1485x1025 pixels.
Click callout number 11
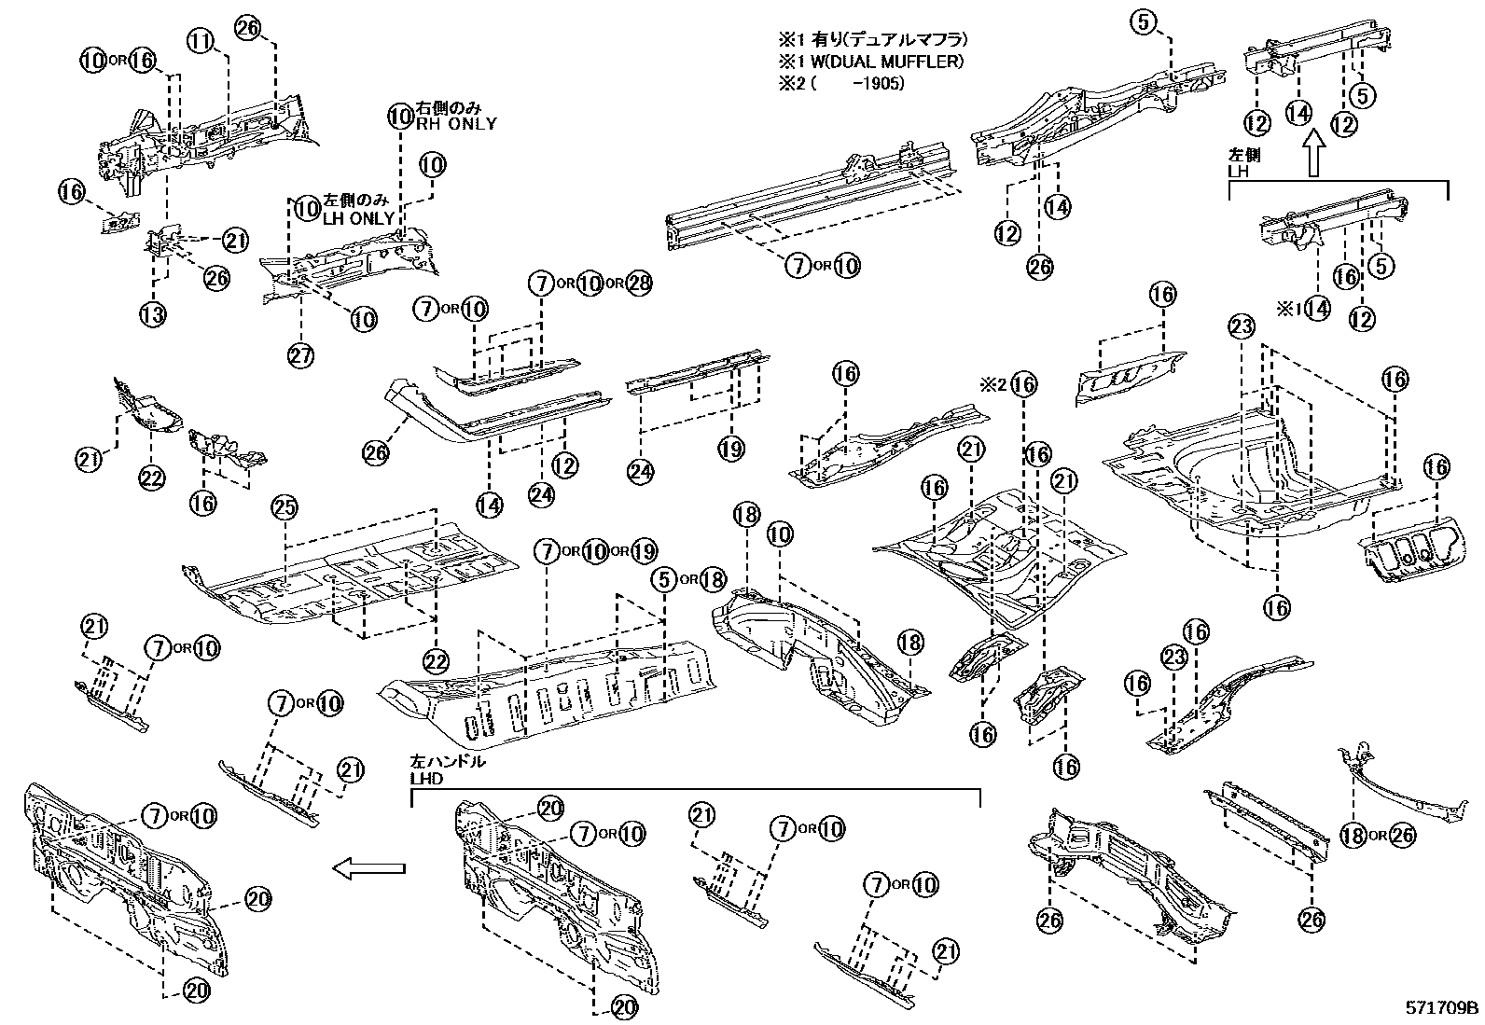click(202, 40)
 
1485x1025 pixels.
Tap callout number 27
click(301, 355)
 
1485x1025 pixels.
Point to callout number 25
click(285, 508)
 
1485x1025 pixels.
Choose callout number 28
click(639, 283)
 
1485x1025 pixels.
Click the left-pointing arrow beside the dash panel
click(370, 869)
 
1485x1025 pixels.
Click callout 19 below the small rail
click(731, 449)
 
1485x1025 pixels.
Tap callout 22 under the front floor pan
click(437, 661)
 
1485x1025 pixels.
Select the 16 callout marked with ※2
click(1023, 383)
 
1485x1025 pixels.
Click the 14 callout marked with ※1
click(1316, 308)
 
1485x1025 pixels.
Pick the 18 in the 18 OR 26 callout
click(1353, 835)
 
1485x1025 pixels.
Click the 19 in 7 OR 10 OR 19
click(644, 551)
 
